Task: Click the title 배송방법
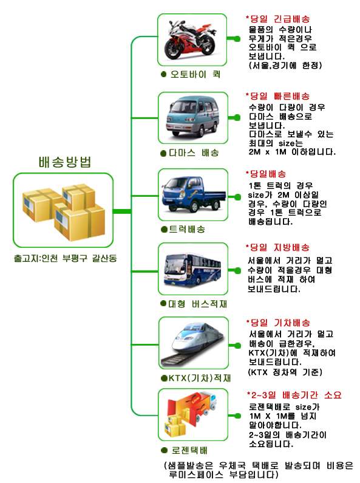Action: [x=65, y=162]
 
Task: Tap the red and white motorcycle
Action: [x=190, y=39]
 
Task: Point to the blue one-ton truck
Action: [x=194, y=194]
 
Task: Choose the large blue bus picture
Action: [x=192, y=270]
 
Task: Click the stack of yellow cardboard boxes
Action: [x=64, y=212]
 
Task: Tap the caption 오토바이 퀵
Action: [x=195, y=74]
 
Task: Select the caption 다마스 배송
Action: [x=194, y=152]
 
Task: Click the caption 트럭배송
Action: [x=187, y=229]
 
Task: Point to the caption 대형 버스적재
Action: [x=197, y=304]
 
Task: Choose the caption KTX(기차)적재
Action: [x=199, y=378]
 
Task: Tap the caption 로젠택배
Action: [x=189, y=450]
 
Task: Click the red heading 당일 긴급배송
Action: [x=280, y=19]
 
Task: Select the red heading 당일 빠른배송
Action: [x=280, y=96]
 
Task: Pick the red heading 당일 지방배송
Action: [x=280, y=247]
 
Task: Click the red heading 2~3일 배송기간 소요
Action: [x=296, y=395]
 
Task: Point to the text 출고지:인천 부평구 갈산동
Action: [x=65, y=258]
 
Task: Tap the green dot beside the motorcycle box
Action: [x=237, y=38]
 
